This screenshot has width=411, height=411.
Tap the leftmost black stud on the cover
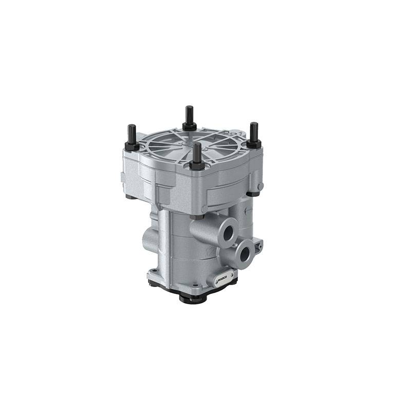tap(131, 135)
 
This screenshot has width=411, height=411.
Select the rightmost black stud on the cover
tap(254, 131)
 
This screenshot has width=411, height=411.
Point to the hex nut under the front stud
tap(197, 165)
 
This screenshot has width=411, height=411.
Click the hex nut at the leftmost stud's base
tap(132, 146)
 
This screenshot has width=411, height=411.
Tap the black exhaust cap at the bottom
tap(192, 297)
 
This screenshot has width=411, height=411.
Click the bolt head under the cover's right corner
tap(253, 194)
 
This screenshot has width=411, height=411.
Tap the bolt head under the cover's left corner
tap(129, 197)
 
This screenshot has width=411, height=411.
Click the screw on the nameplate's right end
tap(234, 278)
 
